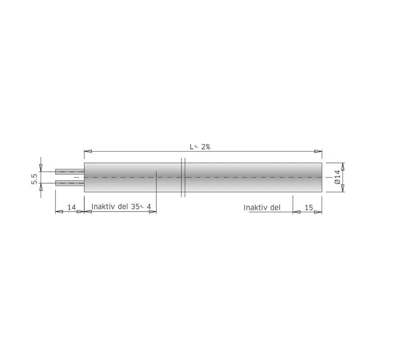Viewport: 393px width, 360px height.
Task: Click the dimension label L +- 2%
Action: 200,147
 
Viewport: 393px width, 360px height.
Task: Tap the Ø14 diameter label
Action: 337,177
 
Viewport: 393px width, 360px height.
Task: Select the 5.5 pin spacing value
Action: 34,179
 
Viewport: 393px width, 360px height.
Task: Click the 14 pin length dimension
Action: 72,207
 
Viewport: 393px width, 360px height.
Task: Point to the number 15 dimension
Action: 309,208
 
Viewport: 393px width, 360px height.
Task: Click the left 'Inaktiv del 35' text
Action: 115,207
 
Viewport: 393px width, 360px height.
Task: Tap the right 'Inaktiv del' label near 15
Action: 262,208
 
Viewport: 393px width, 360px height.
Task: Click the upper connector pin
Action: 70,171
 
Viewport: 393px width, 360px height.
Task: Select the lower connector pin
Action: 70,183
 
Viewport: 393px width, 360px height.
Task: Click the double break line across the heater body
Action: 183,177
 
